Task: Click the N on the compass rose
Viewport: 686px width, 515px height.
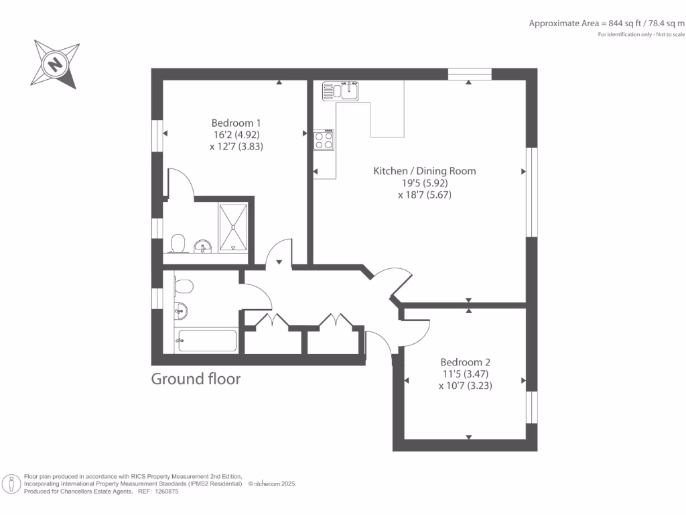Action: (55, 64)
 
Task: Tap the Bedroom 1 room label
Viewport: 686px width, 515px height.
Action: (236, 123)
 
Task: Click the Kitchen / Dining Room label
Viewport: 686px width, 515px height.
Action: (425, 171)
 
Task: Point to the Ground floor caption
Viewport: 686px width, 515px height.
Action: (196, 379)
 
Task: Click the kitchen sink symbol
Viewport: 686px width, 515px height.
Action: (342, 90)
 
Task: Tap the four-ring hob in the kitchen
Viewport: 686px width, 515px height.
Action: (324, 140)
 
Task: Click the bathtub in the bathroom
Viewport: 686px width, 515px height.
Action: (206, 341)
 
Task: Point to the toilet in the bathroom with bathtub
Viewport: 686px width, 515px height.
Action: (182, 286)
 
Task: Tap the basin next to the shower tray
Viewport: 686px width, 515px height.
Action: (203, 247)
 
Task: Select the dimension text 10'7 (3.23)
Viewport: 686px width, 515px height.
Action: (466, 386)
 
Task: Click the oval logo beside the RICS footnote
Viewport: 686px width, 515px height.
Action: (11, 483)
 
